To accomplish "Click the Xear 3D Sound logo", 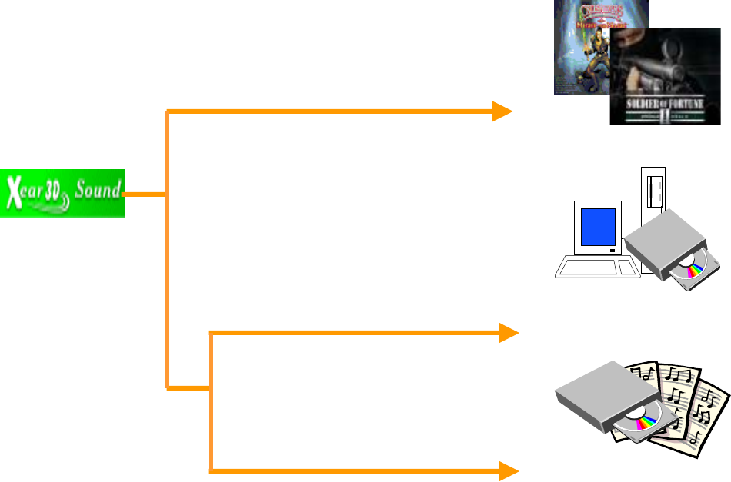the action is pos(62,192).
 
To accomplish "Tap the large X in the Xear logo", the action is pos(13,191).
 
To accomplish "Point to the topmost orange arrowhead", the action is pos(503,111).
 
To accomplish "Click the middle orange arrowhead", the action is pos(507,333).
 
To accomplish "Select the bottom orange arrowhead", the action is pos(507,470).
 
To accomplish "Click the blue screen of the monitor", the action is pos(598,227).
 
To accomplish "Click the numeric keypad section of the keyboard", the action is pos(629,268).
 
